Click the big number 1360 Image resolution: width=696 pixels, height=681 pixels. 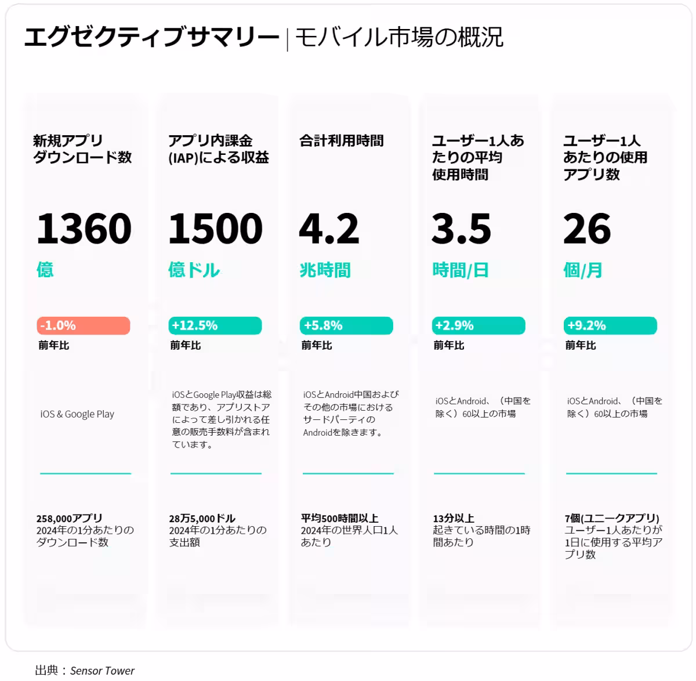(x=84, y=229)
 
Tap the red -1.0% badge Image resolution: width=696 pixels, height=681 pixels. (x=84, y=325)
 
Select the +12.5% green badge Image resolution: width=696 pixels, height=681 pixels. (x=215, y=325)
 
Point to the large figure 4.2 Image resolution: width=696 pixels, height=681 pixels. (x=329, y=229)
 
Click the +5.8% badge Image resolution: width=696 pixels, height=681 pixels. (x=346, y=325)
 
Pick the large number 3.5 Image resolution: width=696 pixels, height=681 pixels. (x=461, y=229)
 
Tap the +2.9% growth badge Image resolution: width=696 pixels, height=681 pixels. (x=478, y=325)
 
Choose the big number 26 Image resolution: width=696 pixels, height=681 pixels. (x=587, y=229)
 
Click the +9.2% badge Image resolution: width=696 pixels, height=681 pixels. (x=611, y=325)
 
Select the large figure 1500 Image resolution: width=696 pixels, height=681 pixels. (x=215, y=229)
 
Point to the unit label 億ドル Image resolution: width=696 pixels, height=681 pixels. (x=194, y=270)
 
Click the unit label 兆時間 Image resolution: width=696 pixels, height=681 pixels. (x=325, y=270)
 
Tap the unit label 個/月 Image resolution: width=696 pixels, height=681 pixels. (x=582, y=270)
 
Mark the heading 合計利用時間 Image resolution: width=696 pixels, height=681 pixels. (x=341, y=141)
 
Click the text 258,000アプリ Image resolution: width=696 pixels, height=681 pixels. (x=69, y=518)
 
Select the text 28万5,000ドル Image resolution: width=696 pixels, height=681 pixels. (x=202, y=518)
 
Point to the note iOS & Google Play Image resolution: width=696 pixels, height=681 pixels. (x=77, y=414)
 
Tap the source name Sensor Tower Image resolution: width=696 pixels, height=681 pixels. (x=102, y=671)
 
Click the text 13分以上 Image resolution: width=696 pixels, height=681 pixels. (x=454, y=518)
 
